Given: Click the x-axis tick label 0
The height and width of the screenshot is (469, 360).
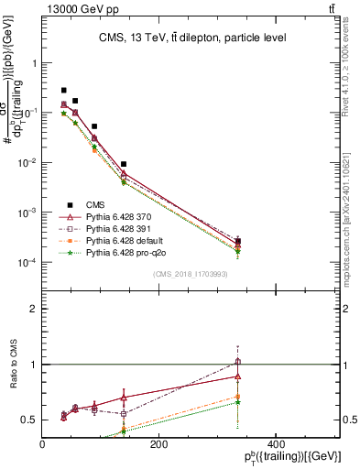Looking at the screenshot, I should pyautogui.click(x=42, y=443).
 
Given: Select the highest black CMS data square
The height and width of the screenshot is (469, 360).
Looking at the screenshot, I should pyautogui.click(x=63, y=91).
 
